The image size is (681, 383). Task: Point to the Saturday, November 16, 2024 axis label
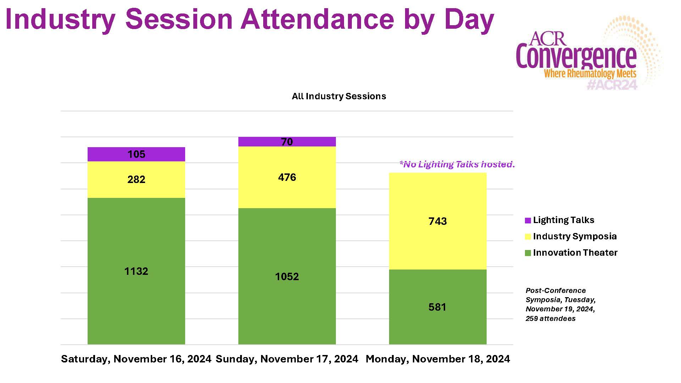[136, 359]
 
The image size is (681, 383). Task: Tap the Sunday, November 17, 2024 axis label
[287, 359]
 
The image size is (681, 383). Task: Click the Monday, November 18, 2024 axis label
[438, 359]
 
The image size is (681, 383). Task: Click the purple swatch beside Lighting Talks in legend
[528, 221]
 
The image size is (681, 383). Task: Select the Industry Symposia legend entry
[575, 237]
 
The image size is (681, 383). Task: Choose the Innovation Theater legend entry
[575, 253]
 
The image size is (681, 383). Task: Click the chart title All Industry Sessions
[339, 96]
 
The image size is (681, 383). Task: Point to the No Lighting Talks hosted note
[457, 164]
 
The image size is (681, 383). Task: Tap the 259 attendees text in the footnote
[550, 318]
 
